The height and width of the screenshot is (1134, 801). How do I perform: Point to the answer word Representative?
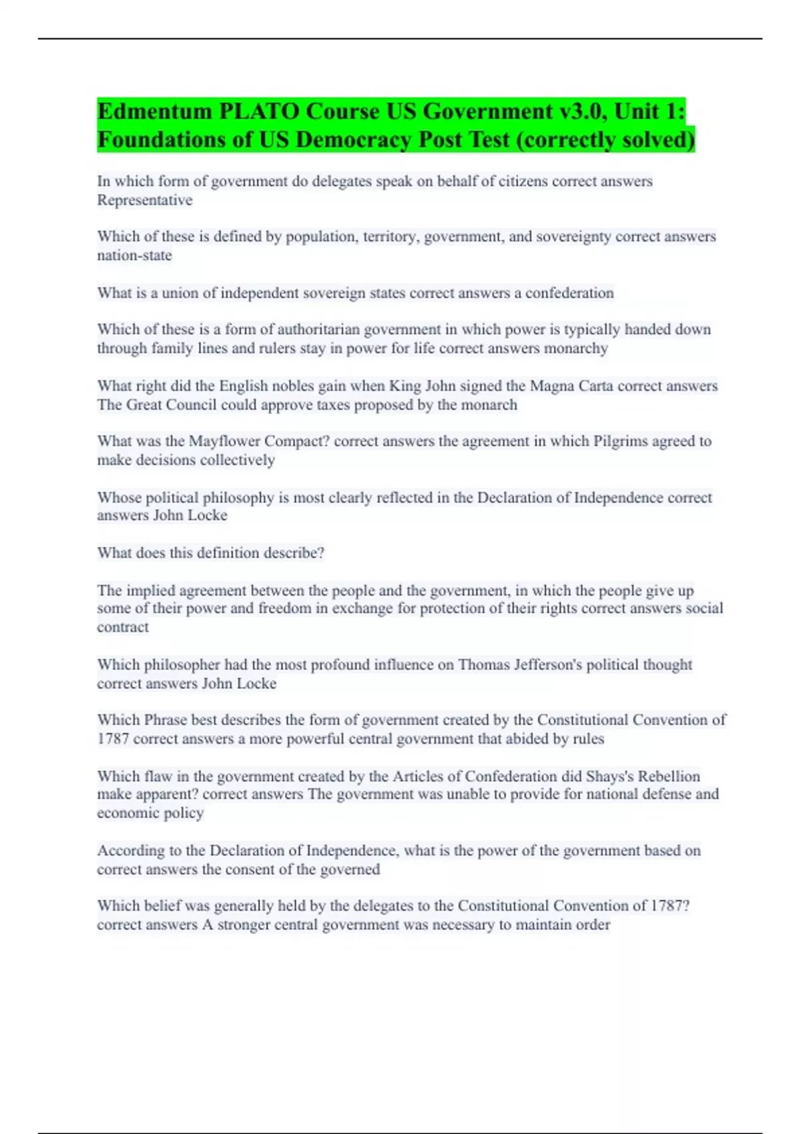click(145, 200)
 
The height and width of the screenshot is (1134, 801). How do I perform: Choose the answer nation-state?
click(134, 255)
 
